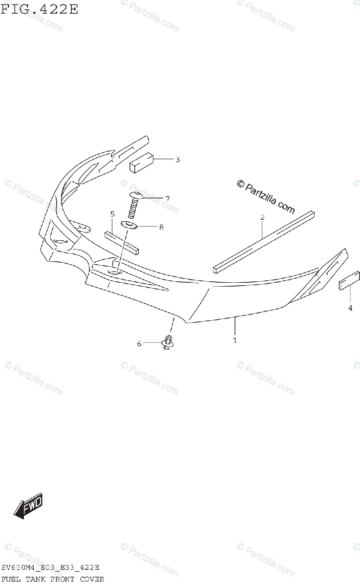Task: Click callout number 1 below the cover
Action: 234,340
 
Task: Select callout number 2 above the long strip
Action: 262,217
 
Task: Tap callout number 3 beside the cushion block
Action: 177,159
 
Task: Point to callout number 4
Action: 350,308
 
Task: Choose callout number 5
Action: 112,214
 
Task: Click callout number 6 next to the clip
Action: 139,344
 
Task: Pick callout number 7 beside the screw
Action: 167,198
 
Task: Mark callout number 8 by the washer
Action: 161,227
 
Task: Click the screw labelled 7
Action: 132,206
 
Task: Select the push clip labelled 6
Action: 168,343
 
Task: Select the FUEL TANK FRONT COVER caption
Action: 53,579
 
